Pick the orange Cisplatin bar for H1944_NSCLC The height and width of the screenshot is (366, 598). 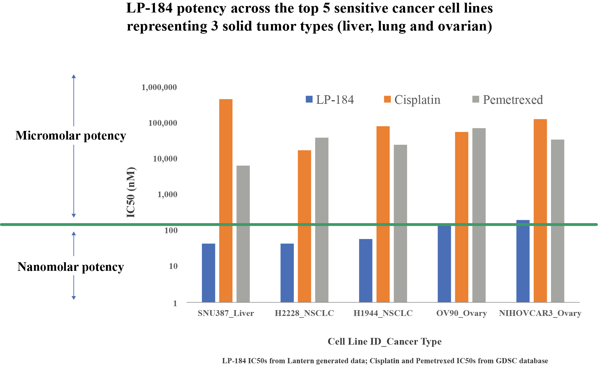383,214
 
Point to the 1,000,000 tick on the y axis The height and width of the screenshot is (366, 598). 159,88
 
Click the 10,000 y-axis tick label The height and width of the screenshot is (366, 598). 165,159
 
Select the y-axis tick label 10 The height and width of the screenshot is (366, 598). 173,266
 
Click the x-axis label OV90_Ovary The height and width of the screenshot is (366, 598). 461,313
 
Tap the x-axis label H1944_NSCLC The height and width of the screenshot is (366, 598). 383,313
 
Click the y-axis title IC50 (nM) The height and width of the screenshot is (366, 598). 131,192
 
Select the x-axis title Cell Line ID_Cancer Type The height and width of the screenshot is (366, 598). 384,341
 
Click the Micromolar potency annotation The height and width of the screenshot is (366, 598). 71,136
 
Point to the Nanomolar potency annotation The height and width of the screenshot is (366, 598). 71,267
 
